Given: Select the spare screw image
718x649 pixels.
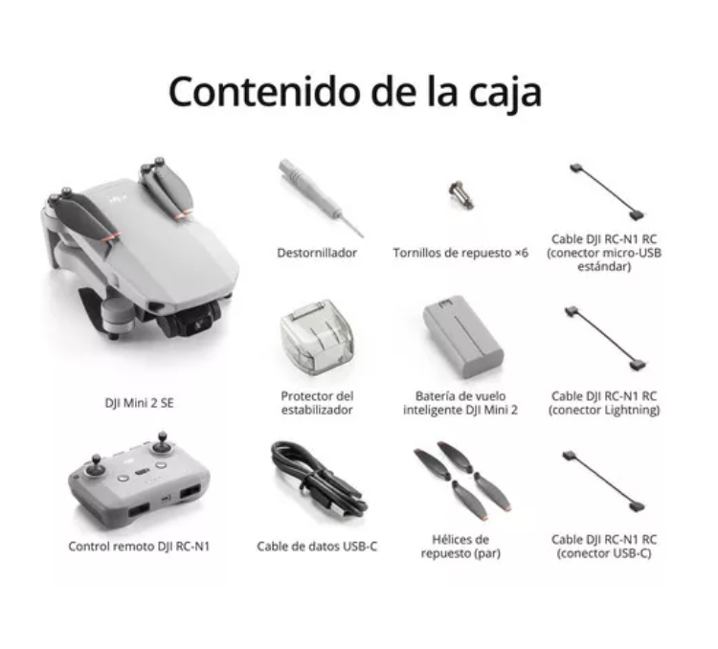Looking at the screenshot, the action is pos(460,194).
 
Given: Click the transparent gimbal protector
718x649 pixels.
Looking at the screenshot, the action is pos(317,337).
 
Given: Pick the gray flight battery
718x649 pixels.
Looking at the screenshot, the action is pos(463,337).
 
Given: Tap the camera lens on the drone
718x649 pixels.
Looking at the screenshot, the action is pos(198,325).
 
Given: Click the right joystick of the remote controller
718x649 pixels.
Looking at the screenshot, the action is pos(162,442).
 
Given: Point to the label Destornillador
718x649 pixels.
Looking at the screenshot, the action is pos(317,253).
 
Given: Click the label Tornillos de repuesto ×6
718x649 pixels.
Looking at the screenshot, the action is pos(460,253).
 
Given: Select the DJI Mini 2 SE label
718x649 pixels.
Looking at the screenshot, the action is pos(139,403).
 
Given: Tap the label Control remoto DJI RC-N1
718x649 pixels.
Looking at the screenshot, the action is pos(139,547).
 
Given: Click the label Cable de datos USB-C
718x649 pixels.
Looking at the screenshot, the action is pos(317,547).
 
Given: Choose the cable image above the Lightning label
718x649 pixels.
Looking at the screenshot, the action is pos(605,338).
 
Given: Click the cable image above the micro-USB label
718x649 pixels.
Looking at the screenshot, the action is pos(607,191).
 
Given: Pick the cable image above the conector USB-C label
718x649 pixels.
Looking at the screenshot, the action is pos(604,481).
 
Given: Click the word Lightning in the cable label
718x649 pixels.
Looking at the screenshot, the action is pos(632,410).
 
